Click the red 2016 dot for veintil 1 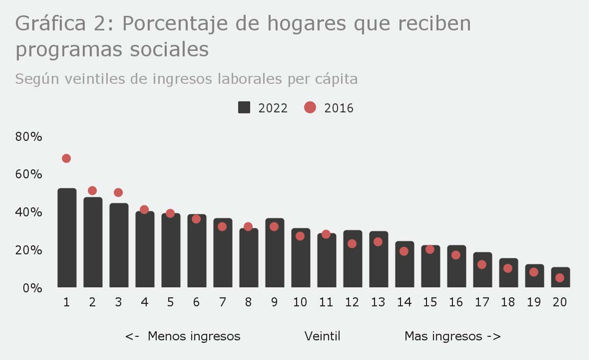click(x=66, y=158)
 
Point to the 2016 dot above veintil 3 click(x=118, y=193)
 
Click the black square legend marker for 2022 click(x=244, y=108)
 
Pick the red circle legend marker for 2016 click(x=310, y=108)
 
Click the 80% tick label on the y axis click(x=29, y=137)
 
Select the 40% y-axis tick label click(x=29, y=212)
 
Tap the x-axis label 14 click(x=404, y=302)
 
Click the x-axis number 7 click(x=222, y=302)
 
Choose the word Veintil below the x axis click(x=322, y=336)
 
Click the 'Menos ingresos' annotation click(x=194, y=336)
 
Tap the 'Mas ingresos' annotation click(x=443, y=336)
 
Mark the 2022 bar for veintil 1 click(x=67, y=238)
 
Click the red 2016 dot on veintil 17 click(x=482, y=265)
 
